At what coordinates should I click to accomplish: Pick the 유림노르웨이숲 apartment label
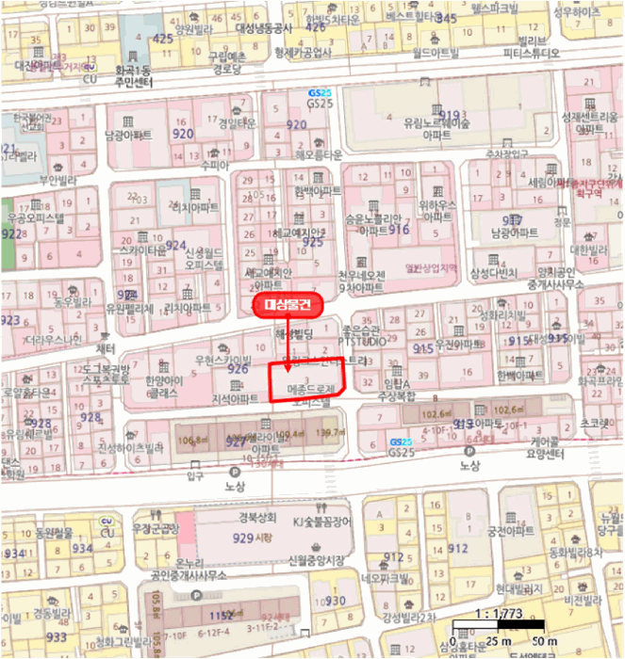click(x=436, y=123)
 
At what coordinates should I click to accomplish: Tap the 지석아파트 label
click(x=234, y=399)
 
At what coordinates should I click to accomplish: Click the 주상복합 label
click(x=396, y=396)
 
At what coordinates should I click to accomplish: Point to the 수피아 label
click(x=215, y=163)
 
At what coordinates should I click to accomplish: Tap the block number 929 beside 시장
click(x=243, y=538)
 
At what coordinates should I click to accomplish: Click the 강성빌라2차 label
click(x=410, y=617)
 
